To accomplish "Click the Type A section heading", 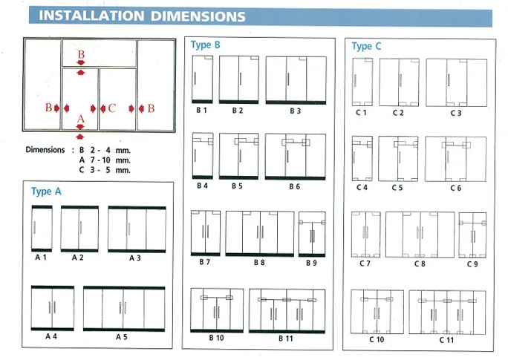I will pos(47,192).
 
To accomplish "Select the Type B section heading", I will pos(206,45).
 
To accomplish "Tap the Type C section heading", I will pos(367,46).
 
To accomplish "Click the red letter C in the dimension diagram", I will pos(111,108).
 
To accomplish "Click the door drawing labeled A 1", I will pos(41,229).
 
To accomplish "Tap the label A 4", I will pos(51,336).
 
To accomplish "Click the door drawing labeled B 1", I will pos(202,79).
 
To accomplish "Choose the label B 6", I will pos(294,186).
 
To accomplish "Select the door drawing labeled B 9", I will pos(312,234).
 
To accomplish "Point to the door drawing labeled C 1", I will pos(362,82).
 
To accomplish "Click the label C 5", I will pos(398,188).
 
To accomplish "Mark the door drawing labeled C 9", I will pos(472,234).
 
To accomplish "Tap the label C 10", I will pos(376,339).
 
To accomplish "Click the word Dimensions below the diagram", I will pos(45,149).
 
